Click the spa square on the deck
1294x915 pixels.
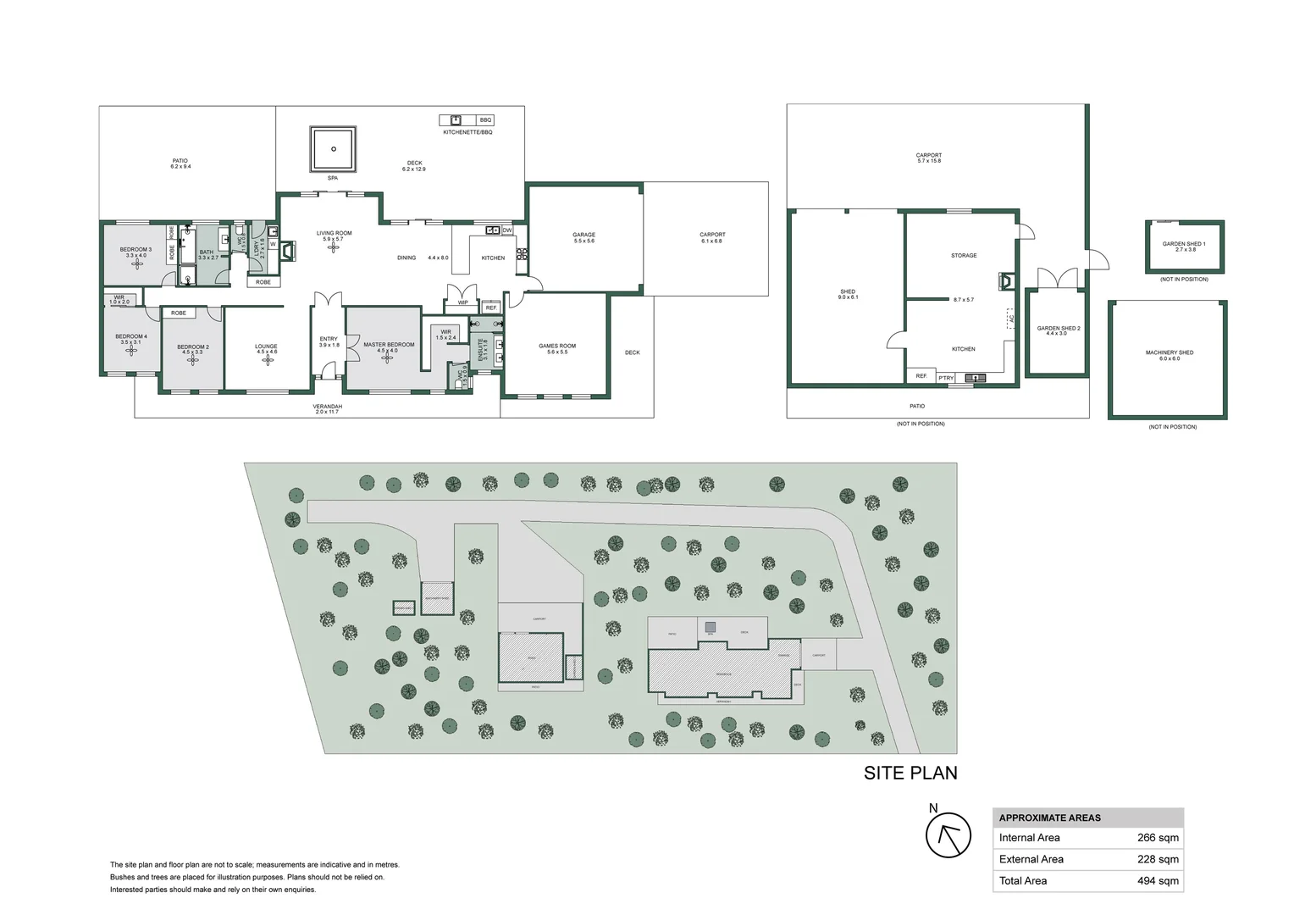coord(333,149)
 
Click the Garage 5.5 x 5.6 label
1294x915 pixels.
coord(583,237)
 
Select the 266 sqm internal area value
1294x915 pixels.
coord(1157,838)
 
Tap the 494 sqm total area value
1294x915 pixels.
coord(1157,881)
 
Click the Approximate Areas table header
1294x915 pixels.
coord(1050,818)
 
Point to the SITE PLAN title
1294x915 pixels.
coord(910,773)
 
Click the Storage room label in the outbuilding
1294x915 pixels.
coord(964,255)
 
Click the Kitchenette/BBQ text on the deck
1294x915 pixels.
coord(467,132)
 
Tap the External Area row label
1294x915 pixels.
coord(1031,859)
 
